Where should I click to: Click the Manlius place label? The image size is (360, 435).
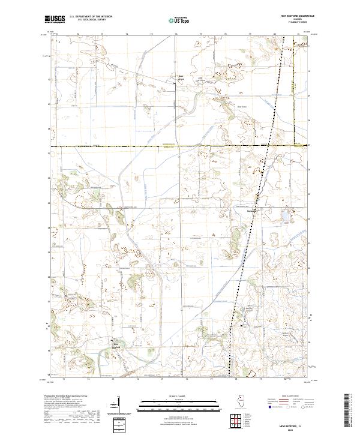pyautogui.click(x=251, y=211)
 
